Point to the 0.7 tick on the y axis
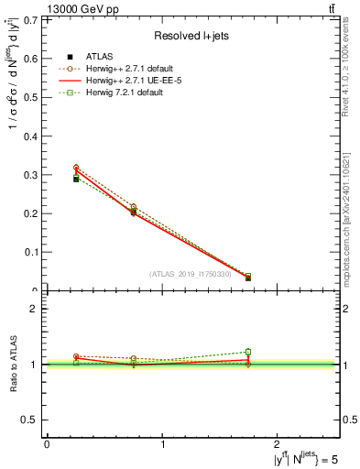click(x=32, y=19)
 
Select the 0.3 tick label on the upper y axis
click(x=32, y=174)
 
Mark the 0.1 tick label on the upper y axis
click(x=32, y=252)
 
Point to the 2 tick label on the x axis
click(x=279, y=445)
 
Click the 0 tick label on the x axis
click(x=47, y=445)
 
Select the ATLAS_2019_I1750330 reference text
click(x=191, y=274)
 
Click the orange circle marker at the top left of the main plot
click(x=76, y=168)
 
